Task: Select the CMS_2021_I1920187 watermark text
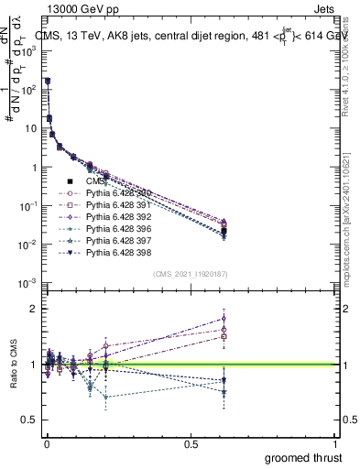pyautogui.click(x=191, y=274)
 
